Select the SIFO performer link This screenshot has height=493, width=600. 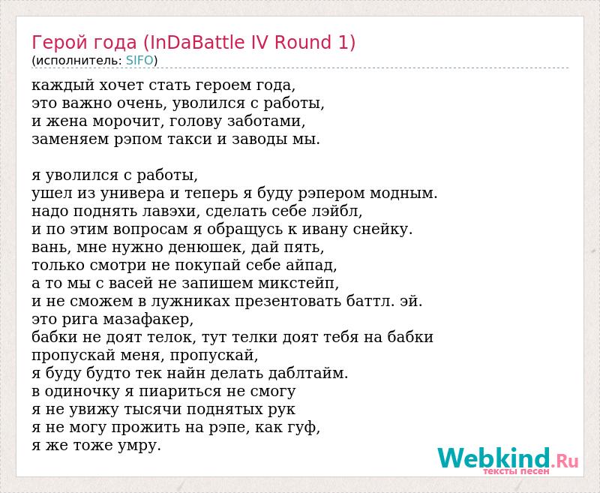139,61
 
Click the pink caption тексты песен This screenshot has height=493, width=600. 516,471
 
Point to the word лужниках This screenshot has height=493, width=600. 190,302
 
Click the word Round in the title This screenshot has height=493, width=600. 303,42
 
